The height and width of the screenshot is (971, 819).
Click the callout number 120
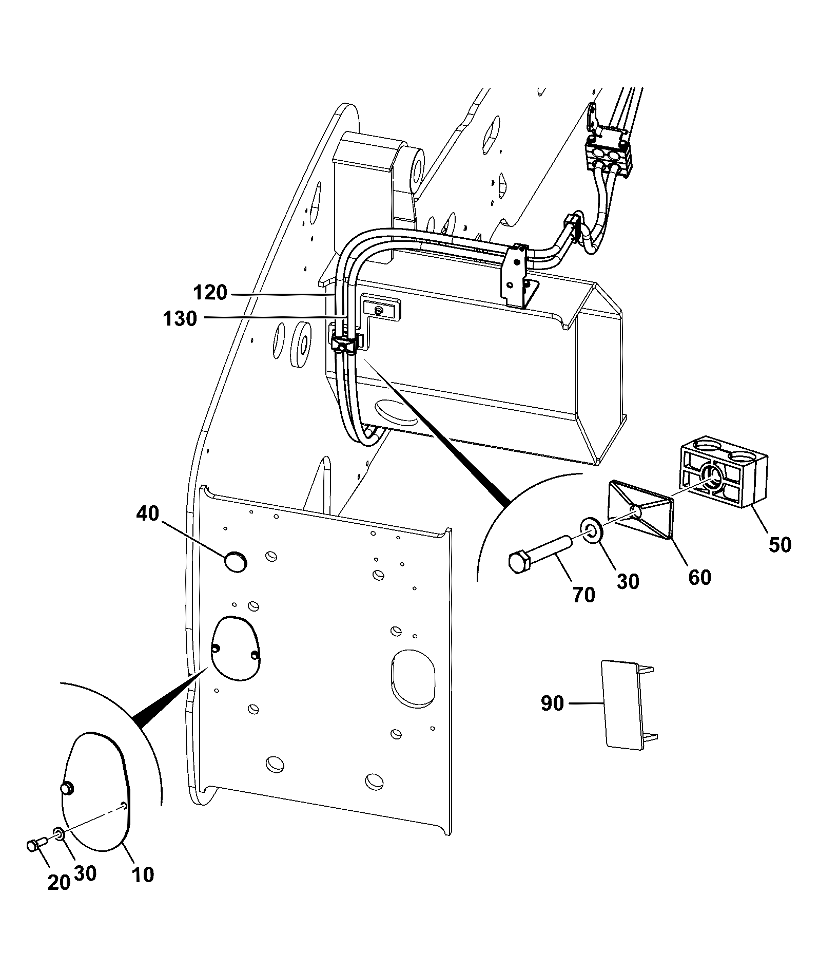[210, 294]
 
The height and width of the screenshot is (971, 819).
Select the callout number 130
[180, 319]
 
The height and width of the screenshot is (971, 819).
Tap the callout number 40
[148, 513]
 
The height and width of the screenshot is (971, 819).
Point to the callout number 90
[553, 703]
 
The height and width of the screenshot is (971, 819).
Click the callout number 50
[779, 544]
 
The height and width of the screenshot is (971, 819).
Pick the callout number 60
[700, 577]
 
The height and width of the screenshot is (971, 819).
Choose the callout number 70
[583, 595]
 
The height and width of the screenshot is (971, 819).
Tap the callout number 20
[59, 882]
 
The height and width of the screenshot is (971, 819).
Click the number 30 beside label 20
[85, 873]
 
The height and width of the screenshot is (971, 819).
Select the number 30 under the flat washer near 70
[628, 581]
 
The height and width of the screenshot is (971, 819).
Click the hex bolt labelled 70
[541, 550]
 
